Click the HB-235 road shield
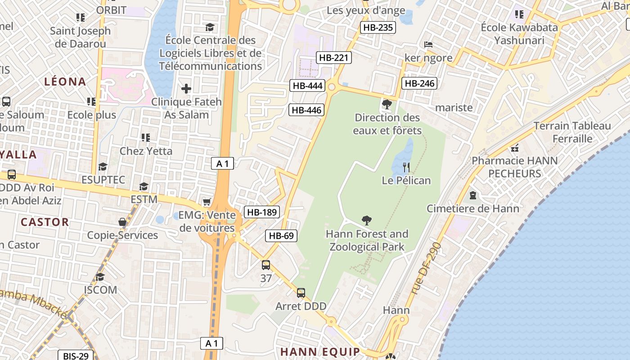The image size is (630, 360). tap(378, 27)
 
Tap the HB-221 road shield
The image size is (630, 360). tap(333, 58)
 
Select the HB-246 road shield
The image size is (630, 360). tap(419, 83)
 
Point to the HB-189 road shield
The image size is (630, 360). tap(262, 212)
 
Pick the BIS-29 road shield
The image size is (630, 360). tap(76, 356)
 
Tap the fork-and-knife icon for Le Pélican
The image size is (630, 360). tap(406, 167)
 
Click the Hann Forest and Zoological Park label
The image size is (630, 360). tap(367, 240)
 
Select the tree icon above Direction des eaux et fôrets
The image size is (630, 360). tap(387, 105)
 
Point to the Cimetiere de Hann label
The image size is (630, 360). tap(472, 208)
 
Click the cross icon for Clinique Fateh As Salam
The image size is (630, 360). tap(186, 89)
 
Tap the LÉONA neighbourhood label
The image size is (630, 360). tap(65, 81)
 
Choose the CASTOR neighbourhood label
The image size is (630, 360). tap(45, 222)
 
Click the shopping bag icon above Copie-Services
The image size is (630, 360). tap(122, 222)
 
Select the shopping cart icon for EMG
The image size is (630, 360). tap(207, 202)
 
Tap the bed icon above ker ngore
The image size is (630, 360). tap(428, 45)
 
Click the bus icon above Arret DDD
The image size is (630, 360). tap(301, 293)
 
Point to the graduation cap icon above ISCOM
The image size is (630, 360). tap(100, 277)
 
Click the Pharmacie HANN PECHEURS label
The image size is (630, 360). tap(514, 167)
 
